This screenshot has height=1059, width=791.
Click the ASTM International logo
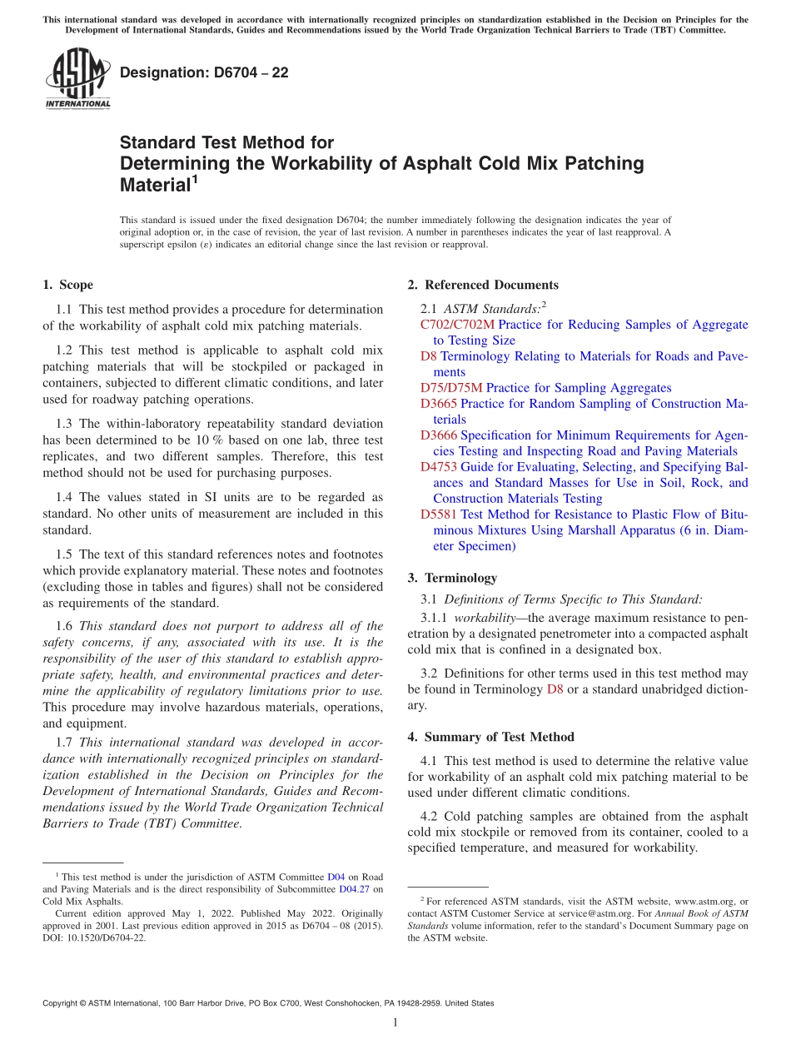[x=77, y=78]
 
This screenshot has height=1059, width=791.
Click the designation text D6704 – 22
[x=204, y=73]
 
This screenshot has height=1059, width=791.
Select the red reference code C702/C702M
[x=457, y=325]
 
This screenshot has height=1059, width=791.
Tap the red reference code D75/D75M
[x=451, y=388]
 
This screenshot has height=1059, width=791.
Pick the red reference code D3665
[x=439, y=404]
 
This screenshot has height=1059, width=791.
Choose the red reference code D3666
[x=439, y=435]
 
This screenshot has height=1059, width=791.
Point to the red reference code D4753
[x=439, y=467]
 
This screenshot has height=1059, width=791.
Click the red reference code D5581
[x=439, y=515]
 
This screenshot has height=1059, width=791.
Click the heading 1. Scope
[x=68, y=285]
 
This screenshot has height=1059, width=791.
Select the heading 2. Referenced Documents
[x=483, y=285]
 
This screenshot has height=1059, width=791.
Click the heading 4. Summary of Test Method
[x=490, y=737]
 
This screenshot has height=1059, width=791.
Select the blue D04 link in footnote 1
[x=336, y=877]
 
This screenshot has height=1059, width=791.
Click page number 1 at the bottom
[x=395, y=1022]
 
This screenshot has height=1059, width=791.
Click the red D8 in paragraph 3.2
[x=555, y=689]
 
